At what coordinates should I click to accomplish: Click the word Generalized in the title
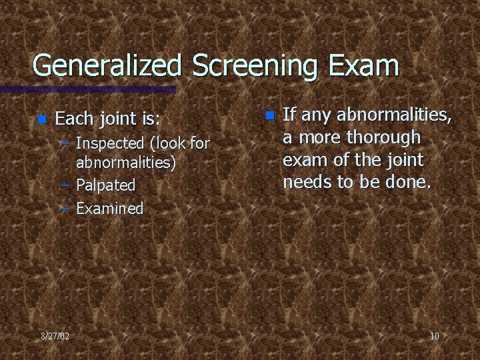pos(107,66)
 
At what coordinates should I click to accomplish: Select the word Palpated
pos(106,185)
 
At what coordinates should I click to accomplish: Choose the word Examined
pos(110,208)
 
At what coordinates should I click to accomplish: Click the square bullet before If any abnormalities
pos(269,115)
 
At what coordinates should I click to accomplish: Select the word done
pos(402,182)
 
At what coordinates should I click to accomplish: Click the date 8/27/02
pos(55,336)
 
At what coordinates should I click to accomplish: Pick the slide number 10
pos(434,336)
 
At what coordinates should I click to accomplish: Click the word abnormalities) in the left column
pos(125,163)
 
